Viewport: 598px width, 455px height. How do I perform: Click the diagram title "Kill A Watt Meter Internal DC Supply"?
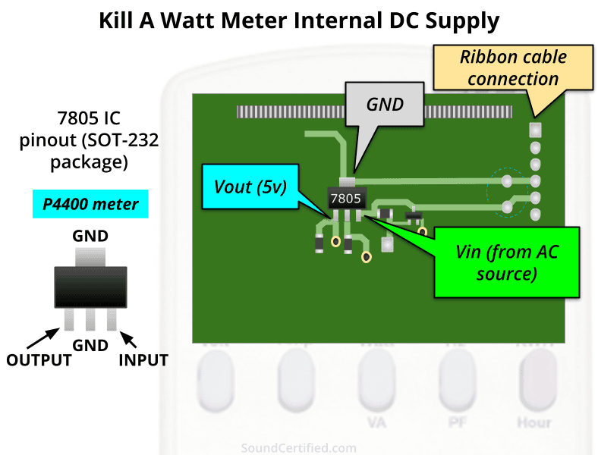(299, 20)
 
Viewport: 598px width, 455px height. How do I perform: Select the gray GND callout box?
(385, 105)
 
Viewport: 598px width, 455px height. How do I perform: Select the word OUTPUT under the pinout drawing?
(39, 359)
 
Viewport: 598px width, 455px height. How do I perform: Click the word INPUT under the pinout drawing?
(143, 359)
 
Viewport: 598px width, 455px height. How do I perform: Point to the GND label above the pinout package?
(90, 237)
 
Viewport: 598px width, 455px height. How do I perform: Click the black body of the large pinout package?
(90, 286)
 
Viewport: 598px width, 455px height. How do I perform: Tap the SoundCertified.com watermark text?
(298, 448)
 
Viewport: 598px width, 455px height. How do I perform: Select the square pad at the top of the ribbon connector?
(535, 130)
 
